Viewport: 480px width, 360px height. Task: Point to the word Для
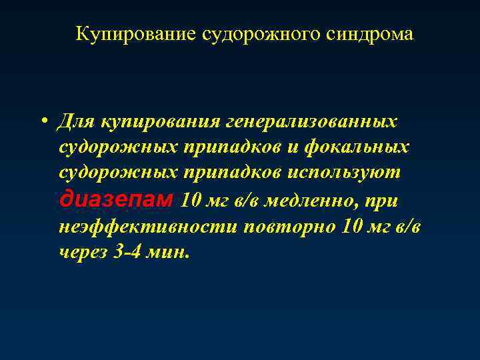pyautogui.click(x=76, y=121)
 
